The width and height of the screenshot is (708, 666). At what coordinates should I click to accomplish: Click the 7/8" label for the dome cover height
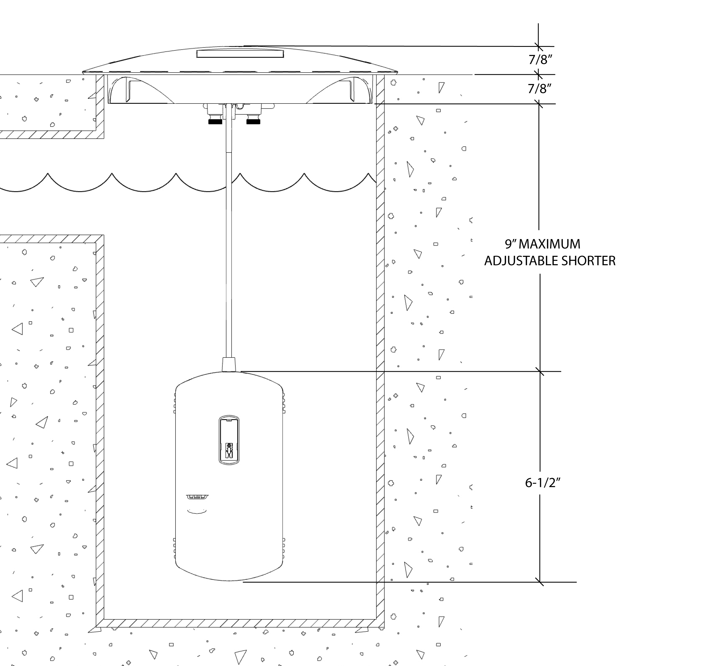click(x=540, y=59)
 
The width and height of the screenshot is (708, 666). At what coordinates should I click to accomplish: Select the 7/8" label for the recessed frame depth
click(x=540, y=88)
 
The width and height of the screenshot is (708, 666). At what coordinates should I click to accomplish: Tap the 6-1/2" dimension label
click(x=543, y=483)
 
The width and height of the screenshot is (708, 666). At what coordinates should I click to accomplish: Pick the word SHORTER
click(x=588, y=261)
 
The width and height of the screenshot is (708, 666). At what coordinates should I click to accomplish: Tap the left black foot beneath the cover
click(x=215, y=122)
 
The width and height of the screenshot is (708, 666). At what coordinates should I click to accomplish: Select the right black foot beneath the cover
click(x=253, y=122)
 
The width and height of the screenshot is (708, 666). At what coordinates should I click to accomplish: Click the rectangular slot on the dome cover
click(x=240, y=54)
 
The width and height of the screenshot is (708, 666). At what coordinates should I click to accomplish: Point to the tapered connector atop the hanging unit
click(x=229, y=365)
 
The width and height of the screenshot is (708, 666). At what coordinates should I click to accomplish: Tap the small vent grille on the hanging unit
click(x=197, y=496)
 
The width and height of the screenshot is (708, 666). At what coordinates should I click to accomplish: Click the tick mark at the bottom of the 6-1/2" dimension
click(x=540, y=582)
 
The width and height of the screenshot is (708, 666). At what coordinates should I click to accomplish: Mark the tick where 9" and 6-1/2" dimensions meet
click(x=540, y=371)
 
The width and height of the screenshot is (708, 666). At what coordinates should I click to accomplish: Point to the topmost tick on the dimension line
click(x=538, y=46)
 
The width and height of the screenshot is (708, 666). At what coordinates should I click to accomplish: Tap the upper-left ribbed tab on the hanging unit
click(x=175, y=403)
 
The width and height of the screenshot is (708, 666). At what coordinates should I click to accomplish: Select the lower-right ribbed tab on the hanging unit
click(x=283, y=548)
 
